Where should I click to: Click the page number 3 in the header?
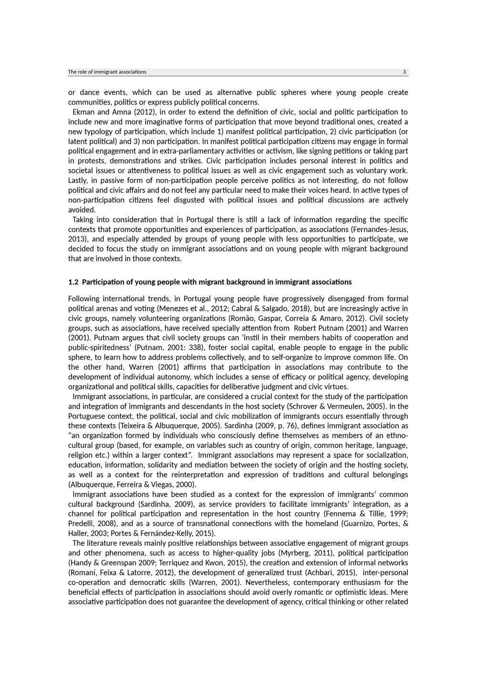404,72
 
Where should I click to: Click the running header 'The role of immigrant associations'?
107,72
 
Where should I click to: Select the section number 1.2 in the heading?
73,282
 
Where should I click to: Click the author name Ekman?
84,112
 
